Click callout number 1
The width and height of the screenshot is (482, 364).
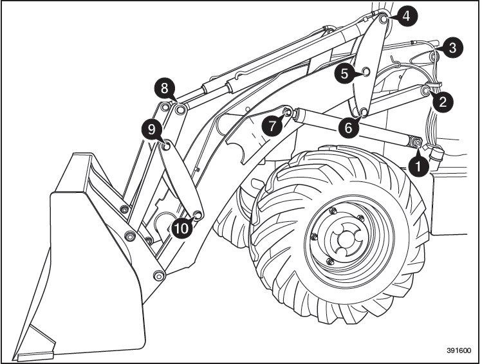(419, 165)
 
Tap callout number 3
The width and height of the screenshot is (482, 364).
(452, 47)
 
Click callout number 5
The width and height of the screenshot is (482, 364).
(346, 74)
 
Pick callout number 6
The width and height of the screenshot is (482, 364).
(348, 127)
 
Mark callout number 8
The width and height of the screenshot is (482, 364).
(165, 87)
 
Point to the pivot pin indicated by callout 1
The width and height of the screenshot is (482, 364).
(416, 141)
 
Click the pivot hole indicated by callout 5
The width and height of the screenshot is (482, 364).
(365, 71)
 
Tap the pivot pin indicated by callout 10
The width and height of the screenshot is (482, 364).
(198, 214)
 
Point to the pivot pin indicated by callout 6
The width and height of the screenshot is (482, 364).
(363, 114)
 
